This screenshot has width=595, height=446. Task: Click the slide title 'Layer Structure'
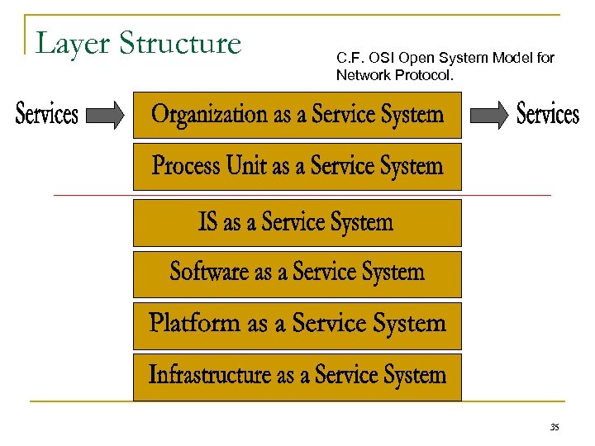click(x=139, y=43)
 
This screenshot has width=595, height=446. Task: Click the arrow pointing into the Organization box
click(x=105, y=116)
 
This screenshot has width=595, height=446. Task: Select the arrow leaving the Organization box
click(x=490, y=116)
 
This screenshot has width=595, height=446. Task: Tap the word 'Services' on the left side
click(x=47, y=115)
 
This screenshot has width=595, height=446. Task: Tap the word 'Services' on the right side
click(x=547, y=114)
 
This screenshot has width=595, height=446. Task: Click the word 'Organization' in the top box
click(x=211, y=115)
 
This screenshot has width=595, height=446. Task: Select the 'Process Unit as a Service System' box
click(x=297, y=167)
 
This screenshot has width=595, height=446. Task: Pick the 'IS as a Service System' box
click(x=297, y=222)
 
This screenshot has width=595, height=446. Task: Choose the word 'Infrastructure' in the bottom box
click(x=211, y=375)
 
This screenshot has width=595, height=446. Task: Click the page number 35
click(x=554, y=427)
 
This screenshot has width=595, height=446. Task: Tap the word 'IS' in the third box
click(x=208, y=222)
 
